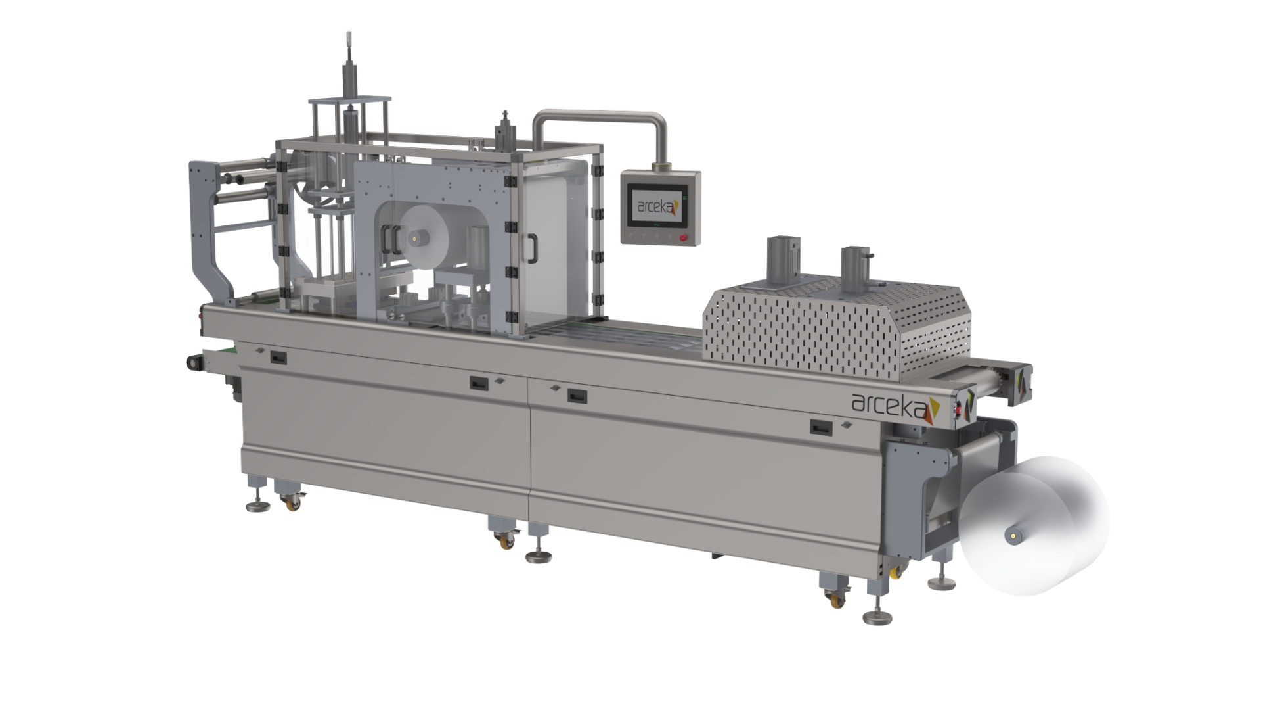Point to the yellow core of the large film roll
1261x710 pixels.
[1015, 537]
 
